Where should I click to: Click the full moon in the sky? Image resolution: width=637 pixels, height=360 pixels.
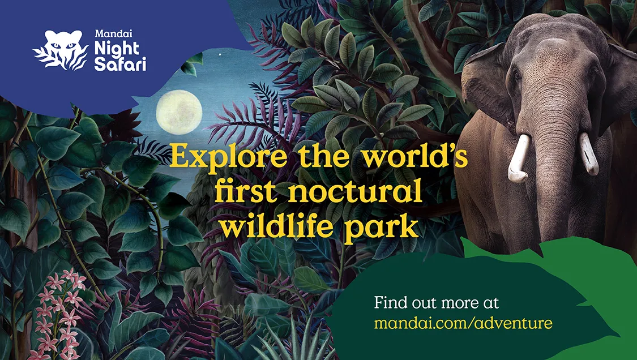[179, 112]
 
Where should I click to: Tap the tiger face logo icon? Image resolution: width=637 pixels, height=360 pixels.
[61, 50]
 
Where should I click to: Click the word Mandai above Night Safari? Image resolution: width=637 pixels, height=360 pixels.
[108, 34]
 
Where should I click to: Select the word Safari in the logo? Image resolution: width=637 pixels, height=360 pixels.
[120, 64]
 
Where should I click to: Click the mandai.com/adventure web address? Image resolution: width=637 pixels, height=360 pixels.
[463, 323]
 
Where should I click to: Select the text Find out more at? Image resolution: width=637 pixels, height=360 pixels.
[437, 303]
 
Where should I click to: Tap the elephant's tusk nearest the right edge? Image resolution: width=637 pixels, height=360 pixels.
[589, 153]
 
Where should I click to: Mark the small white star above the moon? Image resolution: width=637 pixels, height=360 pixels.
[221, 54]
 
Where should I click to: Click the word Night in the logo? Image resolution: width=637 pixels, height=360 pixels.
[117, 49]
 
